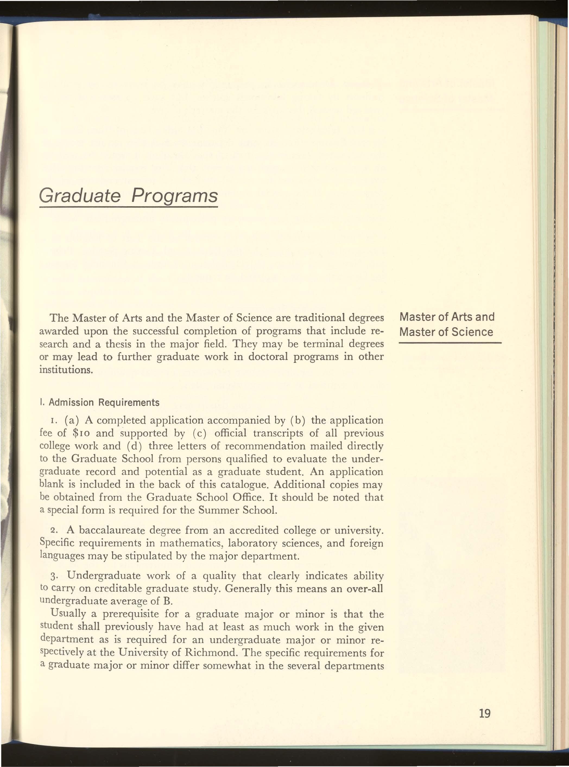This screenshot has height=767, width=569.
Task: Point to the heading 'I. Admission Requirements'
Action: point(100,402)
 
